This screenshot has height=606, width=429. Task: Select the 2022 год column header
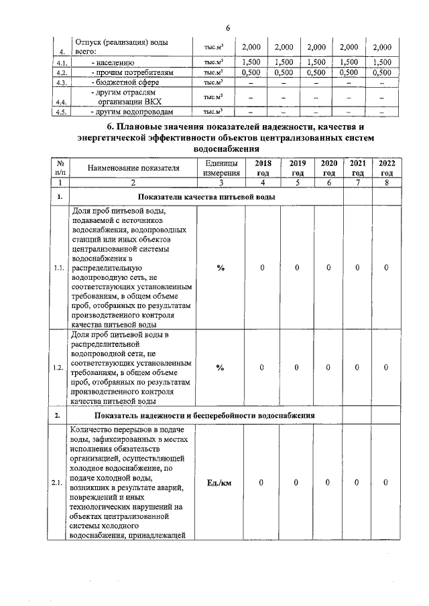[x=387, y=167]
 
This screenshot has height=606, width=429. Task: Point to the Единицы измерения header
[x=220, y=167]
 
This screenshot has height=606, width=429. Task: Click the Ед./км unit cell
[x=220, y=482]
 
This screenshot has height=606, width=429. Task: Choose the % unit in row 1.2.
[x=220, y=367]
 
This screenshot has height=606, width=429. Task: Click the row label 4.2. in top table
[x=62, y=72]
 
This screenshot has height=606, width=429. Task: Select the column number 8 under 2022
[x=387, y=181]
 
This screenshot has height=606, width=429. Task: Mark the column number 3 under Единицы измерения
[x=220, y=181]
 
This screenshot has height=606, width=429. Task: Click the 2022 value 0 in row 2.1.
[x=387, y=482]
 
